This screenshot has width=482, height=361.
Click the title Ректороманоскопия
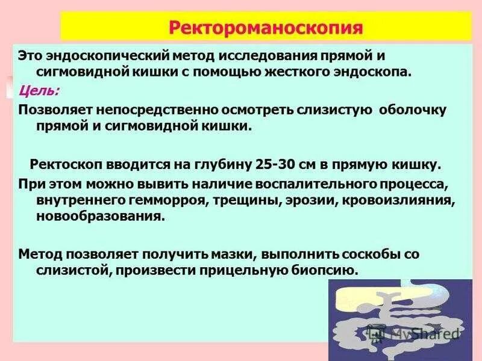click(x=266, y=28)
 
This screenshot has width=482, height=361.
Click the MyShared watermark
click(x=416, y=332)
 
